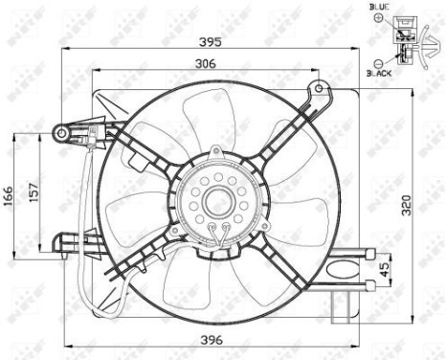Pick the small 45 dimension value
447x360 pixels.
coord(385,268)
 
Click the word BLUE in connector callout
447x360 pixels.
coord(380,8)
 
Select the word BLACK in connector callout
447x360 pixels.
coord(381,73)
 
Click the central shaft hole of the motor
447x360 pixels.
coord(217,203)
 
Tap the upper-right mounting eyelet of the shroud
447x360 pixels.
coord(315,90)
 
